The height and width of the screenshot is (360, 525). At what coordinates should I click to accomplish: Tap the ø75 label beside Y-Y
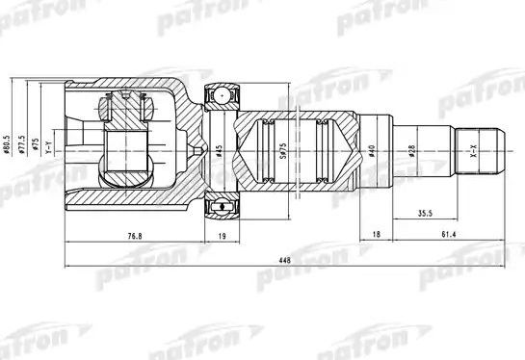pyautogui.click(x=37, y=150)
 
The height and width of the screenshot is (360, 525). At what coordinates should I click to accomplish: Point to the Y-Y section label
pyautogui.click(x=51, y=150)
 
